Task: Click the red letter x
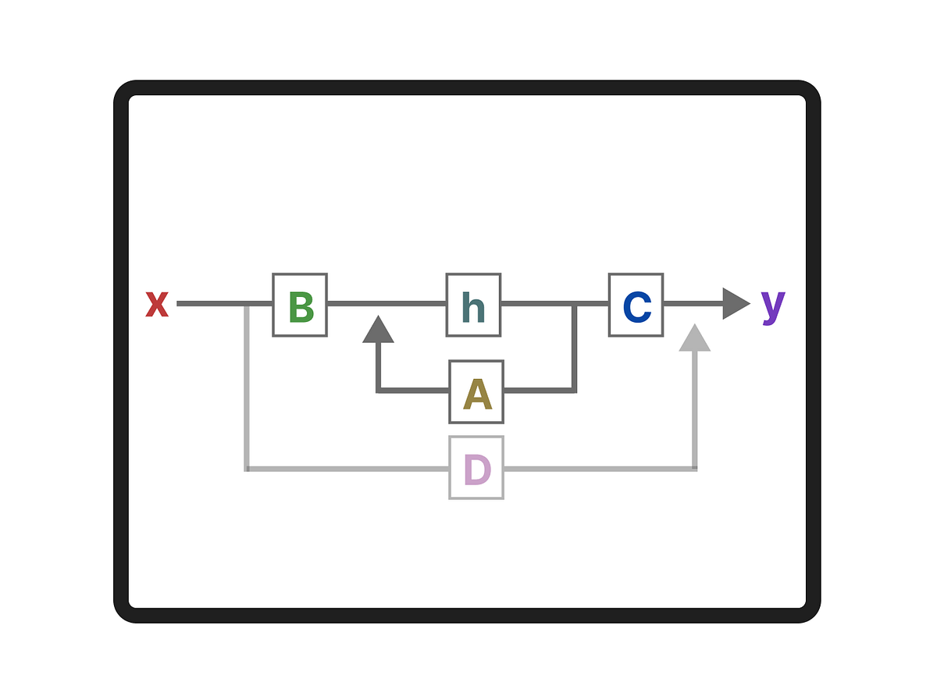coord(157,304)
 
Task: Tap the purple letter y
coord(772,305)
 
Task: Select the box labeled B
coord(300,305)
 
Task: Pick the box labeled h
coord(473,305)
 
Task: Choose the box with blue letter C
coord(636,305)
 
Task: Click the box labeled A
coord(476,391)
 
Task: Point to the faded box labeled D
coord(476,467)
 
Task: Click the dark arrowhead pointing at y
coord(735,304)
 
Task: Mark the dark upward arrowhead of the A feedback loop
coord(378,330)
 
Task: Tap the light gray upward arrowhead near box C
coord(695,339)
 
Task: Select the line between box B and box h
coord(387,304)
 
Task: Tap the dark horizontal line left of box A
coord(414,390)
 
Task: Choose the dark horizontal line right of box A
coord(539,390)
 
